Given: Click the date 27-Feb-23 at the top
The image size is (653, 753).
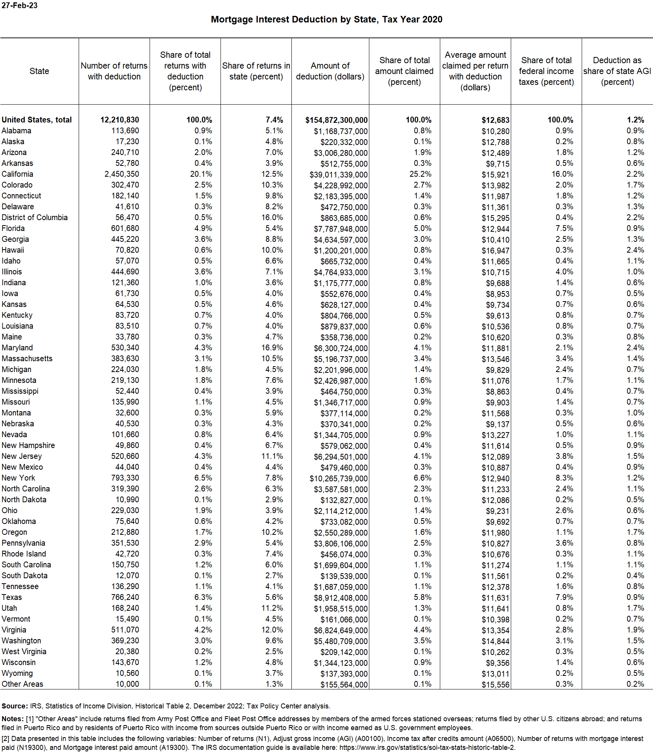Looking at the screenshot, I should tap(19, 6).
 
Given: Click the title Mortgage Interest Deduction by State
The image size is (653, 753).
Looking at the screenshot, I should tap(326, 19).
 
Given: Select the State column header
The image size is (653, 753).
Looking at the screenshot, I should tap(39, 71).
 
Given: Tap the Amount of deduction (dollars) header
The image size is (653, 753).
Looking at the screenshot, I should tap(330, 71).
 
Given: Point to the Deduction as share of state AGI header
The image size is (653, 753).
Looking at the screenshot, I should tap(617, 71).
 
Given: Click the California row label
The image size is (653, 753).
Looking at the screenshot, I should tap(17, 174).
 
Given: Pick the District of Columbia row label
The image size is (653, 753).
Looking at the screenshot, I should tap(34, 217).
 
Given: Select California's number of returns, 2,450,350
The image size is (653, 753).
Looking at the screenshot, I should tap(121, 174).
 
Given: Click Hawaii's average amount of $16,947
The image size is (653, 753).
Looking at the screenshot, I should tap(495, 250).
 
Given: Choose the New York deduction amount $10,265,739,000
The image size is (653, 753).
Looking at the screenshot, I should tap(338, 478).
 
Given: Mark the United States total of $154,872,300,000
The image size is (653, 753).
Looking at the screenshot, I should tap(336, 120).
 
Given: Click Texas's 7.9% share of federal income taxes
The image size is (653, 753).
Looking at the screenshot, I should tap(564, 597).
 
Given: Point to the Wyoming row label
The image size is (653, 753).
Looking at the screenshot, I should tap(17, 673).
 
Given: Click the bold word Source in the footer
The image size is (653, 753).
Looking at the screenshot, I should tap(14, 706).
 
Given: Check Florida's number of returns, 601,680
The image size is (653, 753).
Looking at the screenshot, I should tap(125, 228).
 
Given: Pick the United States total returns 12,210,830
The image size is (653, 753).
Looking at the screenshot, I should tap(119, 120).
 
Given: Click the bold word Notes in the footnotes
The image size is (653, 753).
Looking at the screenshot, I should tap(12, 719).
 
